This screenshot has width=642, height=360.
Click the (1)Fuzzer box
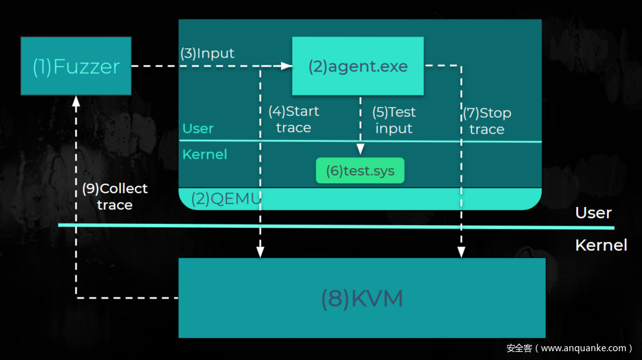point(76,66)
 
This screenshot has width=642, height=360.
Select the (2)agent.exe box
point(358,66)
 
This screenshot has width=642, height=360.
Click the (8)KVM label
point(362,299)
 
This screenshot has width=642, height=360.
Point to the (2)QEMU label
point(226,199)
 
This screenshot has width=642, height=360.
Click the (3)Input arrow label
point(208,53)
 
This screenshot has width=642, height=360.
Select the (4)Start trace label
point(293,120)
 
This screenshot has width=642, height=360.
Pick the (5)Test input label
point(394,120)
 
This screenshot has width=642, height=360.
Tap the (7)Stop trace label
point(487,121)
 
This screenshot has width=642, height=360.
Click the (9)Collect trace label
point(115,196)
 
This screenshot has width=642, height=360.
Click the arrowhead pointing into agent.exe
point(286,66)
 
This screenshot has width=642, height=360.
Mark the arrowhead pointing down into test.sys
point(360,149)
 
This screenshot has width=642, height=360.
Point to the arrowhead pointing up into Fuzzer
point(76,100)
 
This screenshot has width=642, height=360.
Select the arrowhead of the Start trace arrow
point(260,252)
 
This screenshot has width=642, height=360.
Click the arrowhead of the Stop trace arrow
point(461,252)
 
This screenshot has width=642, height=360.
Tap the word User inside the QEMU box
point(198,129)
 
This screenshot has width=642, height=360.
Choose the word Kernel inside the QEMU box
point(204,154)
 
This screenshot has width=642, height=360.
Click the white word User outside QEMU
point(593,213)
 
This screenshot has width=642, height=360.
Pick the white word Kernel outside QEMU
point(601,245)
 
